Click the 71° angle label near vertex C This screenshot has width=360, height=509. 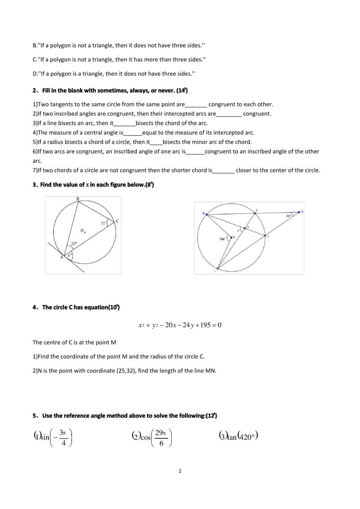click(x=103, y=223)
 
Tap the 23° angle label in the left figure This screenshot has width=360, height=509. click(x=74, y=244)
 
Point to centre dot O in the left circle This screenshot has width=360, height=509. click(x=85, y=232)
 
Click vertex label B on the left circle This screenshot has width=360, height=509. click(x=78, y=199)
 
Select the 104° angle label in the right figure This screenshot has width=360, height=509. click(x=222, y=239)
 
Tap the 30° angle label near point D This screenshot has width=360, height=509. click(x=288, y=215)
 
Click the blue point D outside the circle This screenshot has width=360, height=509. click(x=299, y=212)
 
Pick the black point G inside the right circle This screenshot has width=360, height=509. click(x=244, y=228)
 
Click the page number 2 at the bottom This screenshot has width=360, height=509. click(x=180, y=471)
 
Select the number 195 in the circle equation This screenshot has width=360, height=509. click(x=205, y=325)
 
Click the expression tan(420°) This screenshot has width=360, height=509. click(x=238, y=436)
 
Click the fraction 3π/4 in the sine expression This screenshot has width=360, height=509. click(x=63, y=438)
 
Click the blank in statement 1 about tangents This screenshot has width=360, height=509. click(x=196, y=105)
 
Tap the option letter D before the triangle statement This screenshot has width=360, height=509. click(x=34, y=74)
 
